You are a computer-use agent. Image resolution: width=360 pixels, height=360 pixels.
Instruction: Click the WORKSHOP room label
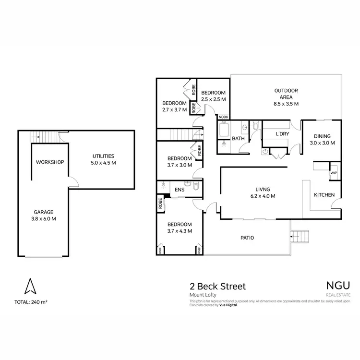[x=50, y=162]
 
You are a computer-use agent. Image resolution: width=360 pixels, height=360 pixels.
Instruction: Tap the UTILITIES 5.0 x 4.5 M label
[x=104, y=159]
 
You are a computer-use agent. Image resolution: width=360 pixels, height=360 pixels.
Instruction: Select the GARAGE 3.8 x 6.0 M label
[x=43, y=215]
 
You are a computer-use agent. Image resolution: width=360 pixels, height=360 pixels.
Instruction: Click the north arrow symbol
[x=30, y=287]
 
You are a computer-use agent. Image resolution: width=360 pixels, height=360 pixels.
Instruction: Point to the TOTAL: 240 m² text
[x=31, y=302]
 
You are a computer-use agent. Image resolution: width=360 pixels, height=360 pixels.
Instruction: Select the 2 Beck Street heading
[x=217, y=287]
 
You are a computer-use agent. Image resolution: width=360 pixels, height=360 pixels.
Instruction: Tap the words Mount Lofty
[x=203, y=295]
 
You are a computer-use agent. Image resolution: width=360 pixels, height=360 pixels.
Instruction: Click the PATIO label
[x=248, y=238]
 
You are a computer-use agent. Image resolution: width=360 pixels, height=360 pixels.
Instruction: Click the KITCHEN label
[x=324, y=195]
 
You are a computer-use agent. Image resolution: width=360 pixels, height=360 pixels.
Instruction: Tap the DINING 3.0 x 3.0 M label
[x=321, y=139]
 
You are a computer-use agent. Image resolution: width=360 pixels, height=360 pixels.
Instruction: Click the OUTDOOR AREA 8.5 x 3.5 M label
[x=286, y=96]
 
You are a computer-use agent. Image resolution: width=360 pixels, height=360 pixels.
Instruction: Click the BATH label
[x=239, y=139]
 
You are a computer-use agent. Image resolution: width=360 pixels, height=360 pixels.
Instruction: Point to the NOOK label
[x=224, y=117]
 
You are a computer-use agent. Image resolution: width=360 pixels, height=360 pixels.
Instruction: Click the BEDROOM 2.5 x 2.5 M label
[x=213, y=96]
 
